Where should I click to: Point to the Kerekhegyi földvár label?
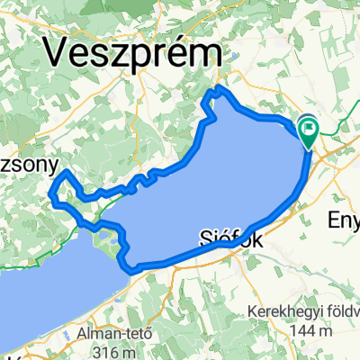pos(303,313)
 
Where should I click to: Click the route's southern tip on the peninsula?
pos(135,267)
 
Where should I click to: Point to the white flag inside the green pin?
pos(309,131)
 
